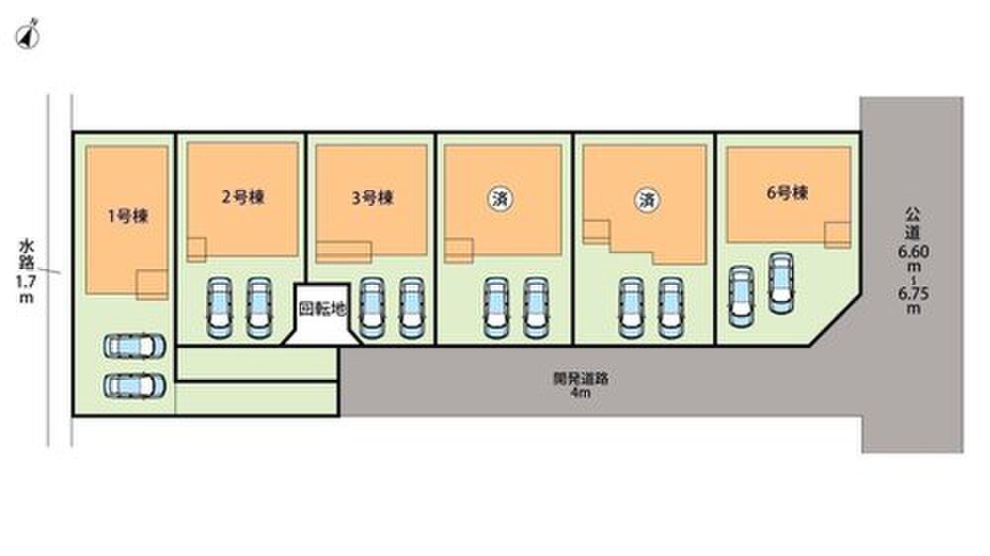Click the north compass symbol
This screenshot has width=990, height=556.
(x=28, y=36)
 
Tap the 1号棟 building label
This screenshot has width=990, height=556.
(x=128, y=217)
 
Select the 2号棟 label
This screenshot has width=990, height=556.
(x=244, y=198)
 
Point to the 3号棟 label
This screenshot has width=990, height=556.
(x=372, y=198)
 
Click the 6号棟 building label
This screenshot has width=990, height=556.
(x=787, y=193)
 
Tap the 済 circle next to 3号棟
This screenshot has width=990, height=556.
(x=500, y=200)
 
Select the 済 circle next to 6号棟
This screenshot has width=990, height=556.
(x=646, y=201)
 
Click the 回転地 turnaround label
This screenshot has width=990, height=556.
(x=323, y=309)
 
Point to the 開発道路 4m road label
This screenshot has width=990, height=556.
(x=581, y=385)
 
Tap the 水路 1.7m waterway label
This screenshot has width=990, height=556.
(x=26, y=271)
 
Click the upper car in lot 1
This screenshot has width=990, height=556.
(x=135, y=346)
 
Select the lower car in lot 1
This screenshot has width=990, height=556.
(x=135, y=386)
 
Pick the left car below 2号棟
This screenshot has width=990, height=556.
(x=219, y=308)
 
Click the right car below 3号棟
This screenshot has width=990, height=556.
(x=411, y=308)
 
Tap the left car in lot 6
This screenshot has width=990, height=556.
(x=742, y=297)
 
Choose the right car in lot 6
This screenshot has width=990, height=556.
(x=781, y=283)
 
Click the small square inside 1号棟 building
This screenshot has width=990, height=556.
(x=152, y=285)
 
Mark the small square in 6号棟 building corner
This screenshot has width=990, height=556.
(x=838, y=235)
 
